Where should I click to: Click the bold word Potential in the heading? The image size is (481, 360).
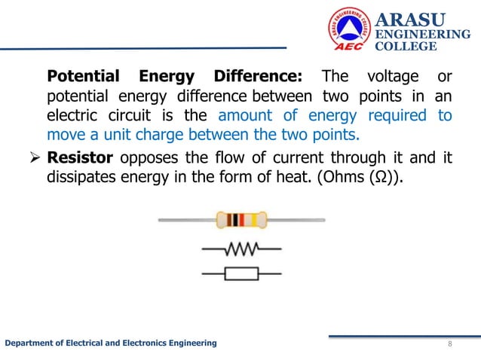[83, 77]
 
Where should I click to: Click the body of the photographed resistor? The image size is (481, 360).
[241, 220]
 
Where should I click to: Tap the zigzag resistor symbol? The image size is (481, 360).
[241, 249]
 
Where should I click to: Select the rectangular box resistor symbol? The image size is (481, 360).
[241, 273]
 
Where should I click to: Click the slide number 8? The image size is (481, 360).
[450, 344]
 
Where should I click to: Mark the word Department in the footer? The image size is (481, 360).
[30, 343]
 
